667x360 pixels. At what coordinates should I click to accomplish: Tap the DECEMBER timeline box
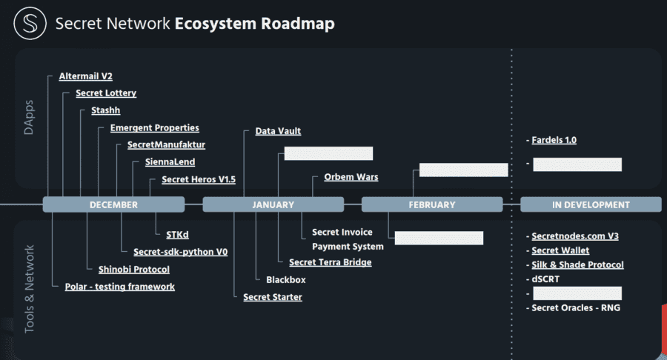tap(113, 204)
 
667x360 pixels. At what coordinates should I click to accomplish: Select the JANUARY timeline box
tap(273, 204)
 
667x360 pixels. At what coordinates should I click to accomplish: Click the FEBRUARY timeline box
tap(432, 204)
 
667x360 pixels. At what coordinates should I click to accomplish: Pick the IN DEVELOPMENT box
tap(591, 204)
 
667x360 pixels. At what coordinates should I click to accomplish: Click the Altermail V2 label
tap(85, 76)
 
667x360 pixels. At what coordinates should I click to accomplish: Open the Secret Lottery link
tap(106, 93)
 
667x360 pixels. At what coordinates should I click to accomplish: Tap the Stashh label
tap(105, 110)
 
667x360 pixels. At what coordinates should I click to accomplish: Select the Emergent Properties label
tap(154, 127)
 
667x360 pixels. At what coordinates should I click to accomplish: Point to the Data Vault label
tap(278, 131)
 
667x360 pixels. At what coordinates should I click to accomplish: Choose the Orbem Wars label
tap(351, 177)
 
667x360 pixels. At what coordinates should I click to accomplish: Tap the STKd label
tap(177, 235)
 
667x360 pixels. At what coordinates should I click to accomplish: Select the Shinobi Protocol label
tap(133, 269)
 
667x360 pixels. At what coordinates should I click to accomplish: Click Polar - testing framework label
tap(114, 286)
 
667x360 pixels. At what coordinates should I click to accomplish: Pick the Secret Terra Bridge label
tap(330, 262)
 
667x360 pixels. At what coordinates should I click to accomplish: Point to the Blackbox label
tap(285, 279)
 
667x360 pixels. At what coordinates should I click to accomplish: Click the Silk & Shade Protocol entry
tap(577, 264)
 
